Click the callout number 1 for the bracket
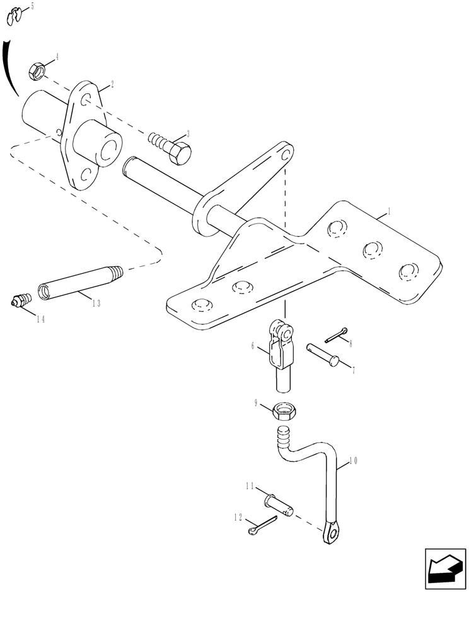[389, 213]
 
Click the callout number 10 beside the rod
[353, 461]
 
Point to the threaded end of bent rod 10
[284, 436]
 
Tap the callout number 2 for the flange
[111, 83]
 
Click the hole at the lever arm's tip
[286, 155]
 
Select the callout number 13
[96, 304]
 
